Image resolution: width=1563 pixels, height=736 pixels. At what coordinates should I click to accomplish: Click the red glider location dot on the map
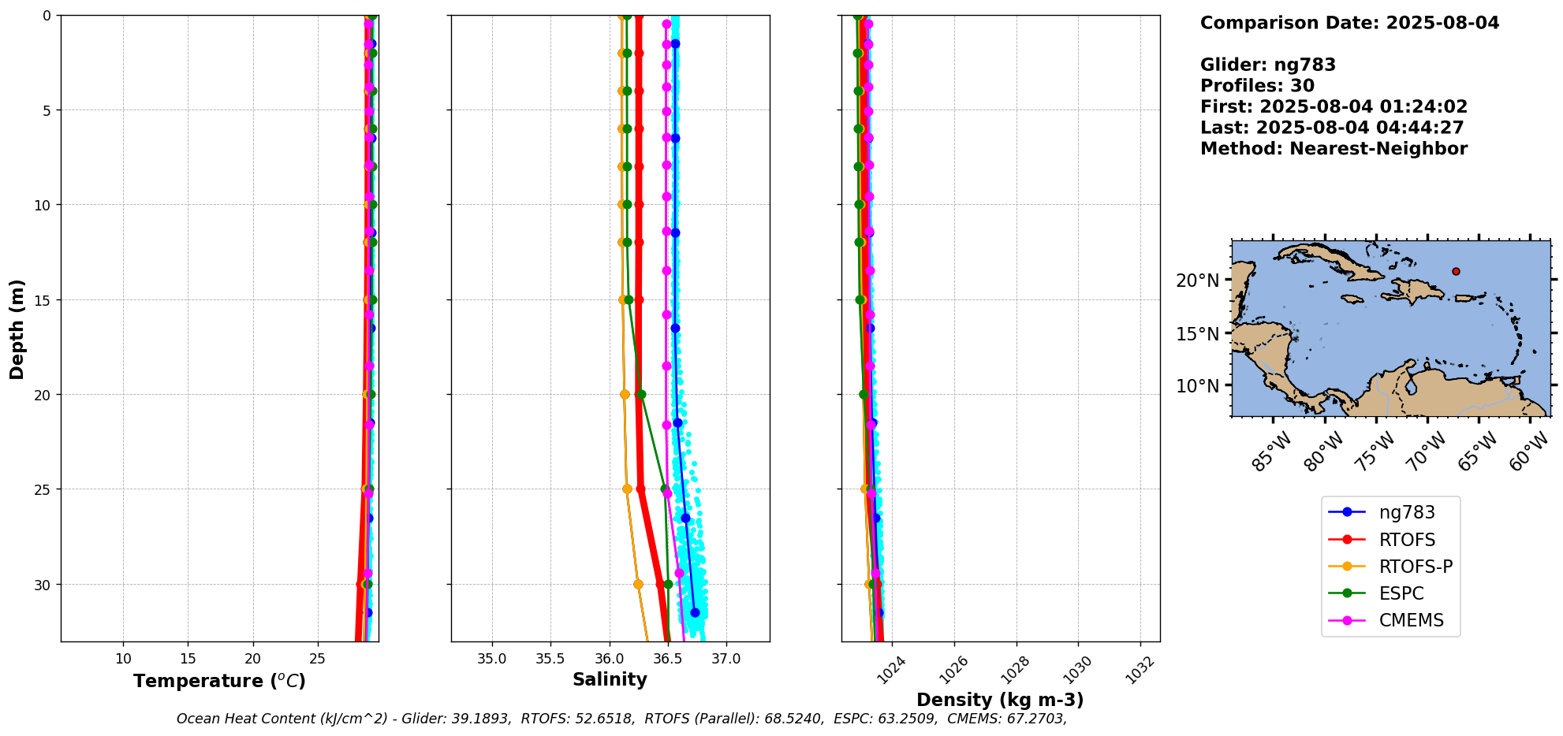click(x=1456, y=271)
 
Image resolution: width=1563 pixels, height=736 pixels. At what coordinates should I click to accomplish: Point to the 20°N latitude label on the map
click(x=1197, y=281)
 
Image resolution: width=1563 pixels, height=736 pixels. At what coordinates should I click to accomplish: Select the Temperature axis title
click(x=219, y=681)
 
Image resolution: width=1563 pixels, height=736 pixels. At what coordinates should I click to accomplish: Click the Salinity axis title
click(x=610, y=679)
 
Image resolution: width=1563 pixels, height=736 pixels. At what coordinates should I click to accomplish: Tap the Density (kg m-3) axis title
click(x=1000, y=700)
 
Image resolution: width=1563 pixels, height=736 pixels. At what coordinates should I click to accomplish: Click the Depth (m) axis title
click(x=17, y=329)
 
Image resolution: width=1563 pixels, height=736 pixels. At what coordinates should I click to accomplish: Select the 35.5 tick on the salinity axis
click(x=550, y=659)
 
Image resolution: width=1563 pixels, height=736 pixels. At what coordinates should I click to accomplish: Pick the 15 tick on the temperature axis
click(x=188, y=659)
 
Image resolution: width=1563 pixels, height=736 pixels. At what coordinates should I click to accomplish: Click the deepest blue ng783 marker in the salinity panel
click(x=695, y=612)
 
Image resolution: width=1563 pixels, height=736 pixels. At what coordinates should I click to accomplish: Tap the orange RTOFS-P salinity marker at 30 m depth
click(x=638, y=584)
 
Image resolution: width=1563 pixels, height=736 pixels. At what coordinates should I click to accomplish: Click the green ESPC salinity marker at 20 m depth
click(x=641, y=394)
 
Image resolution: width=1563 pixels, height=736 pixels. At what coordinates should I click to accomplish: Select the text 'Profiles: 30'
click(x=1257, y=86)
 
